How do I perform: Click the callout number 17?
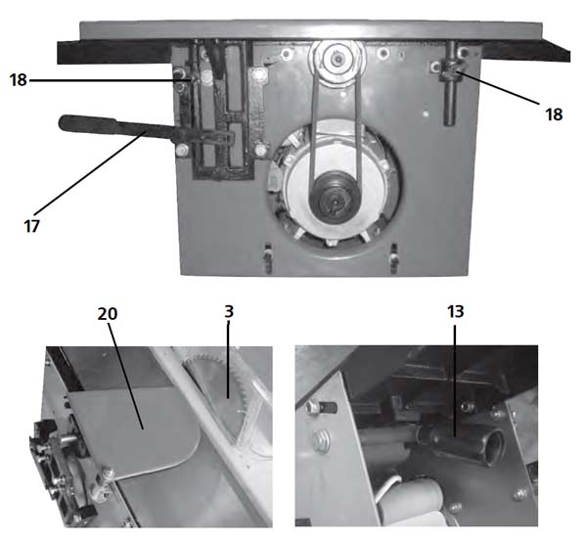point(31,226)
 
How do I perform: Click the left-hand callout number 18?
point(18,80)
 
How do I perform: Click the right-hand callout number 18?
point(554,114)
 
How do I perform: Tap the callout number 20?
point(107,314)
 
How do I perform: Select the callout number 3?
point(229,312)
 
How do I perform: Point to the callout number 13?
point(456,312)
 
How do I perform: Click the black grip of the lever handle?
point(88,123)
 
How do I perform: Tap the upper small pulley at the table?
point(336,62)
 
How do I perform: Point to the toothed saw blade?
point(225,389)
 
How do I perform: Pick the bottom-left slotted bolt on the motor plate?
point(267,258)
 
